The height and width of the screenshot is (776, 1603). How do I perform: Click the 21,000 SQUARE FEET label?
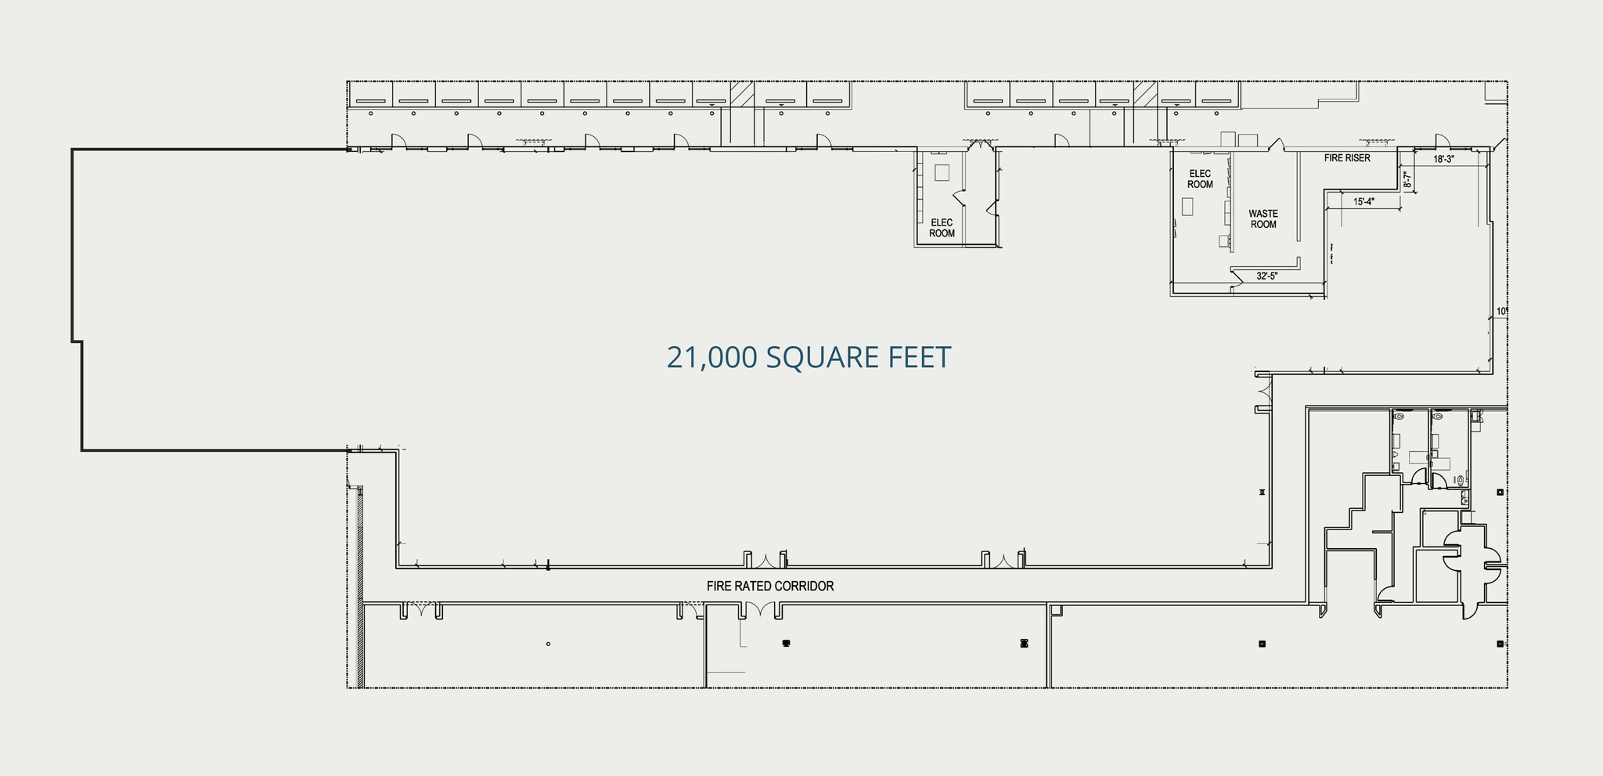tap(809, 357)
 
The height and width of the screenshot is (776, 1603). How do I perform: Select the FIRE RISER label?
tap(1347, 158)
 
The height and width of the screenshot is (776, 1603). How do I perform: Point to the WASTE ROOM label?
tap(1263, 218)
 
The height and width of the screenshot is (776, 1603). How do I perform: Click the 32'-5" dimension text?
tap(1267, 276)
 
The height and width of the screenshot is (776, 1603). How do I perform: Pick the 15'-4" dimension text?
tap(1363, 202)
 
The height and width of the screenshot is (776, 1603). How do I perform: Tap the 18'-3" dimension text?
tap(1443, 159)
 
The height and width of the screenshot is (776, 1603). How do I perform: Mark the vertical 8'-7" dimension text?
tap(1407, 181)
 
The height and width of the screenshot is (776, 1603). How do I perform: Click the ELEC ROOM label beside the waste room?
tap(1200, 179)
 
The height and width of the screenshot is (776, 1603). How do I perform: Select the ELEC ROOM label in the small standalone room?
tap(942, 228)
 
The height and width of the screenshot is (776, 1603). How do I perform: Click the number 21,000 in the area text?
tap(711, 357)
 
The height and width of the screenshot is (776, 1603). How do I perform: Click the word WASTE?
tap(1263, 213)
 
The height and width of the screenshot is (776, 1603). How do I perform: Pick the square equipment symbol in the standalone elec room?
tap(942, 172)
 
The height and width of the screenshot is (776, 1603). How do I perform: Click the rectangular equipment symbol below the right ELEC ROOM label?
tap(1187, 207)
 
